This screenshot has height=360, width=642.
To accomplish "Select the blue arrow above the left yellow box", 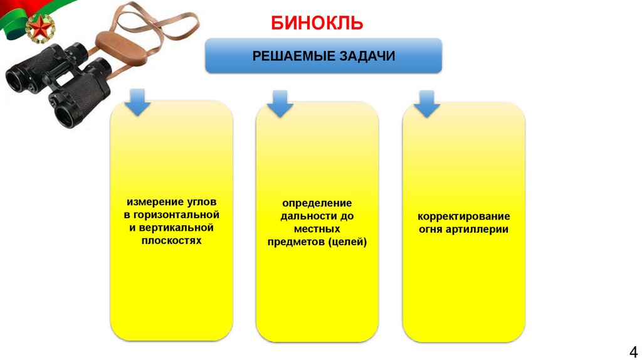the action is (137, 102).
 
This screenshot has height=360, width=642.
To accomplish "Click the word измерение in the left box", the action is (151, 203).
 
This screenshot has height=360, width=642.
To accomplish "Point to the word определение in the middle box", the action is (317, 204).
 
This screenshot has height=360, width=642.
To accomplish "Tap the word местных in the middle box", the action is (317, 229).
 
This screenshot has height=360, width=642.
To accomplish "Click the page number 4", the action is (632, 351).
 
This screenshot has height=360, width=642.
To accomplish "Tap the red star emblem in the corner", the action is (38, 28).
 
